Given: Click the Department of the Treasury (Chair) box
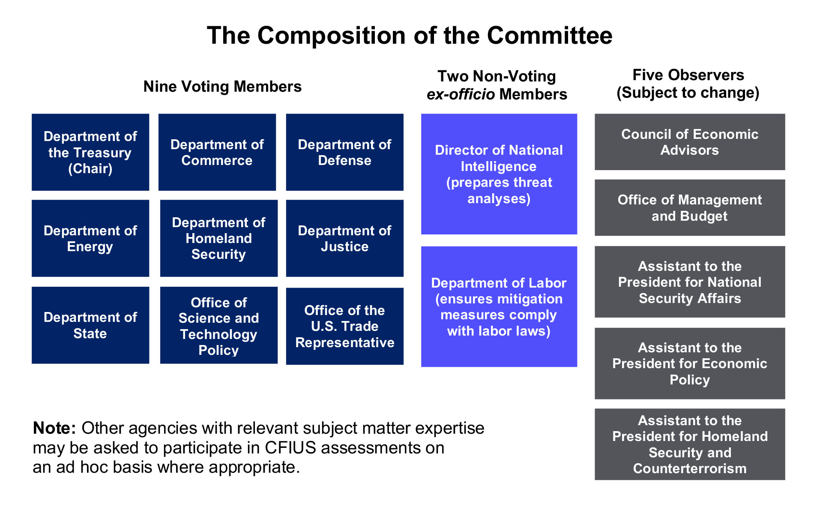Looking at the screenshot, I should (90, 152).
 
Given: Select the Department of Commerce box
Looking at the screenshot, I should (217, 152).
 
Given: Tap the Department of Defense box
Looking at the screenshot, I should (344, 152).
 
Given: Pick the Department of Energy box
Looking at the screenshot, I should (90, 238).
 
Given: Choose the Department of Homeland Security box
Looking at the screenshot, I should (218, 238).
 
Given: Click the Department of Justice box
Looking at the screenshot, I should (344, 238).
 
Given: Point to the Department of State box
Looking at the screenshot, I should (90, 325).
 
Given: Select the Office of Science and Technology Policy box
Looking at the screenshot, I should (218, 325).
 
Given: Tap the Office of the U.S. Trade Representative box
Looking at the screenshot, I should (344, 326).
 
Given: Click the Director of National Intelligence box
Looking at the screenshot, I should (499, 174).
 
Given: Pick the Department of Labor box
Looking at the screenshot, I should (499, 306).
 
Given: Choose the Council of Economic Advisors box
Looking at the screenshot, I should (689, 142).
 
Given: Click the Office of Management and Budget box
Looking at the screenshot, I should (689, 207).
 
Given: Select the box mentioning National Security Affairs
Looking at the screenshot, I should (689, 282).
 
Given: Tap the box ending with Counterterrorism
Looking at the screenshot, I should (689, 444).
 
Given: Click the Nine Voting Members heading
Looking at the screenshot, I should (222, 87).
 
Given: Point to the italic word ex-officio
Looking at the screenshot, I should (460, 94).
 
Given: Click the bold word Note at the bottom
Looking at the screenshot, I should (54, 428).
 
